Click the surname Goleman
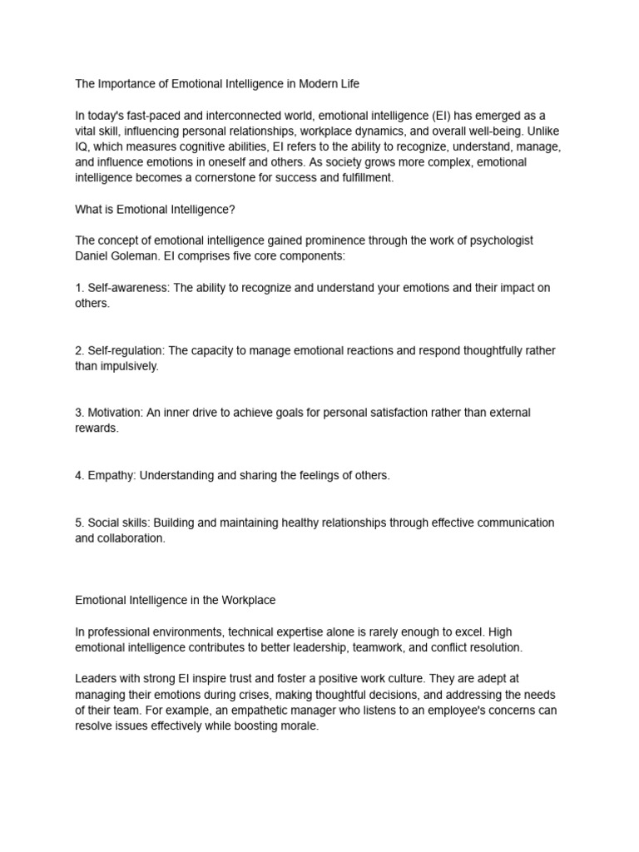tap(138, 256)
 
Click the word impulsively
tap(128, 366)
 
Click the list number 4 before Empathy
tap(79, 475)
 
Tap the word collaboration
tap(131, 538)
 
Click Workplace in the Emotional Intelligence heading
tap(245, 600)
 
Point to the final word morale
tap(298, 726)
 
